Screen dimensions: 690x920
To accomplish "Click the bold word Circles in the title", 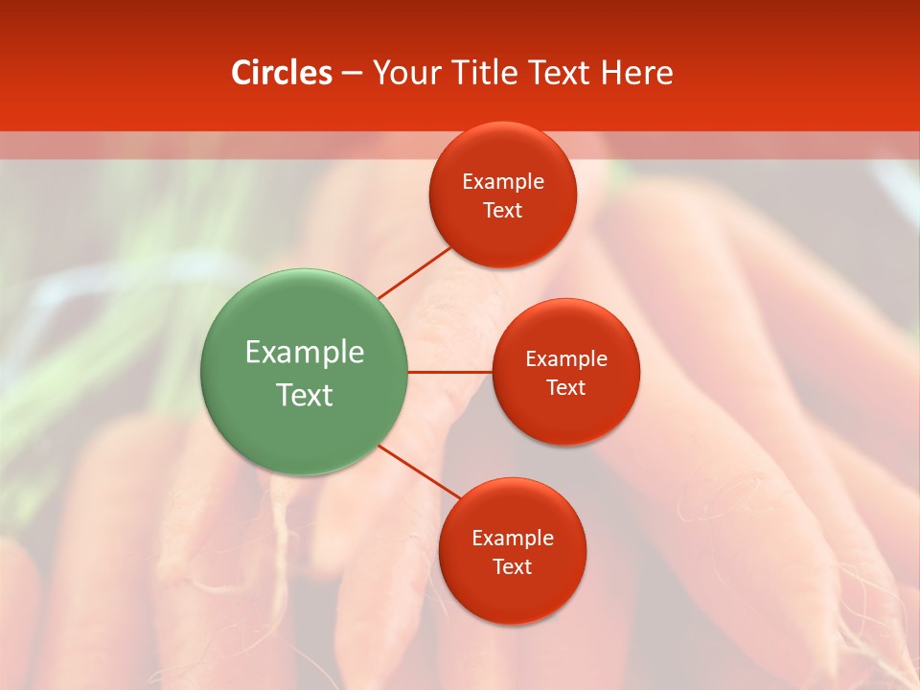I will pos(281,73).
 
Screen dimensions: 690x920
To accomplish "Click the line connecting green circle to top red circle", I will pos(414,272).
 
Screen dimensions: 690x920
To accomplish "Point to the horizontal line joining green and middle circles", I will pos(449,372).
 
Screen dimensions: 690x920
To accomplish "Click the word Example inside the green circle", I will pos(305,352).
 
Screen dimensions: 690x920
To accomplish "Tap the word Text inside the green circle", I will pos(305,395).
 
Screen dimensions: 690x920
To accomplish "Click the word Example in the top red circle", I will pos(503,182).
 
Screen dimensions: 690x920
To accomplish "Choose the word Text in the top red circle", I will pos(503,211).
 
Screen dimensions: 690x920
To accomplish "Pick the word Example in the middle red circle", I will pos(566,359).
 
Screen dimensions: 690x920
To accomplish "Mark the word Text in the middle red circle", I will pos(566,388).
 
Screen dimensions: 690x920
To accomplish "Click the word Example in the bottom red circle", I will pos(513,539).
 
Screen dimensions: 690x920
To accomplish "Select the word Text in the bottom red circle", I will pos(513,567).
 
